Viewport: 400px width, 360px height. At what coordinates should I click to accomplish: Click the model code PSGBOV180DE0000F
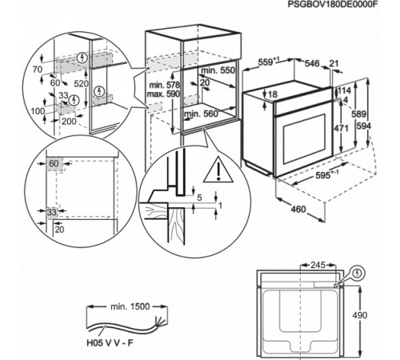333,5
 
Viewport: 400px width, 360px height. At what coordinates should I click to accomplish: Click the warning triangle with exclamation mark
218,170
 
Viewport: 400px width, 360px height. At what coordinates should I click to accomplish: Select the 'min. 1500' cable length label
130,306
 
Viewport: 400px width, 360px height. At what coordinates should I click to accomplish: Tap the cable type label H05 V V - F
110,342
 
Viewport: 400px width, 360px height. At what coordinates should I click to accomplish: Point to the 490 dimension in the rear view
360,315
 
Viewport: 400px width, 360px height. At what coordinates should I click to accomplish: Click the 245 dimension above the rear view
318,265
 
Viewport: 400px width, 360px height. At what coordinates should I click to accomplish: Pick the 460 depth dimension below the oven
298,210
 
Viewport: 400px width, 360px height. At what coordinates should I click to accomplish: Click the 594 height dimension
364,126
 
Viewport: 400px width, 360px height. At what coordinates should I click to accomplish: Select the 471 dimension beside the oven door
342,128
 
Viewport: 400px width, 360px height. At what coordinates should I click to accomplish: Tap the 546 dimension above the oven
312,63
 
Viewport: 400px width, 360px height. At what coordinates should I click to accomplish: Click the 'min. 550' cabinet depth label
218,70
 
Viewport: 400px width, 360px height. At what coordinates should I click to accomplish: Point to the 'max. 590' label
163,94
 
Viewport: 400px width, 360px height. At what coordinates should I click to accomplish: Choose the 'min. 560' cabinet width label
202,114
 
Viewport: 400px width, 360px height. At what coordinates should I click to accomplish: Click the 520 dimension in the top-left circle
81,84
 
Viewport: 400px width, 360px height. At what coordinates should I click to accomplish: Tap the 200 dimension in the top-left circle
69,122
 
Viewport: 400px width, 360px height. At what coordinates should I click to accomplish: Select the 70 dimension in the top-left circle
38,70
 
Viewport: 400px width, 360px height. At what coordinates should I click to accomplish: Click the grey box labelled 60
54,163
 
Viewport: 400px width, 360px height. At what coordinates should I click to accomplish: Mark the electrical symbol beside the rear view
358,274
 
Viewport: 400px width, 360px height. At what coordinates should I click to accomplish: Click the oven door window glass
304,138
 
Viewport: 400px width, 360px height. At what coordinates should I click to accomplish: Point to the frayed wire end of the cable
159,321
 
